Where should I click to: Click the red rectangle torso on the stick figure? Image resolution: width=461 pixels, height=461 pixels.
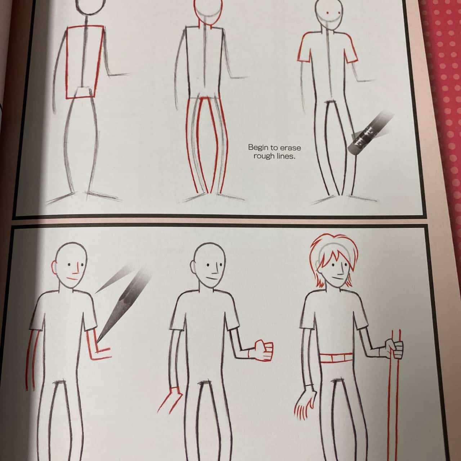coord(84,62)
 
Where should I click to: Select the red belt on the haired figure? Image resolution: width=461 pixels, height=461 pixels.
coord(336,358)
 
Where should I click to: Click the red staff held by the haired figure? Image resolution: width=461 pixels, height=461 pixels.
coord(395,395)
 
